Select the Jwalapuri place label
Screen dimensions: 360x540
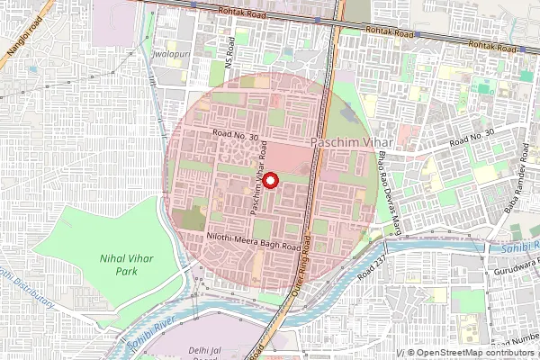(x=175, y=54)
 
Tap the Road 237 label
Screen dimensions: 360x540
(x=370, y=263)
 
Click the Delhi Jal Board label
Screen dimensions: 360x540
(x=204, y=349)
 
